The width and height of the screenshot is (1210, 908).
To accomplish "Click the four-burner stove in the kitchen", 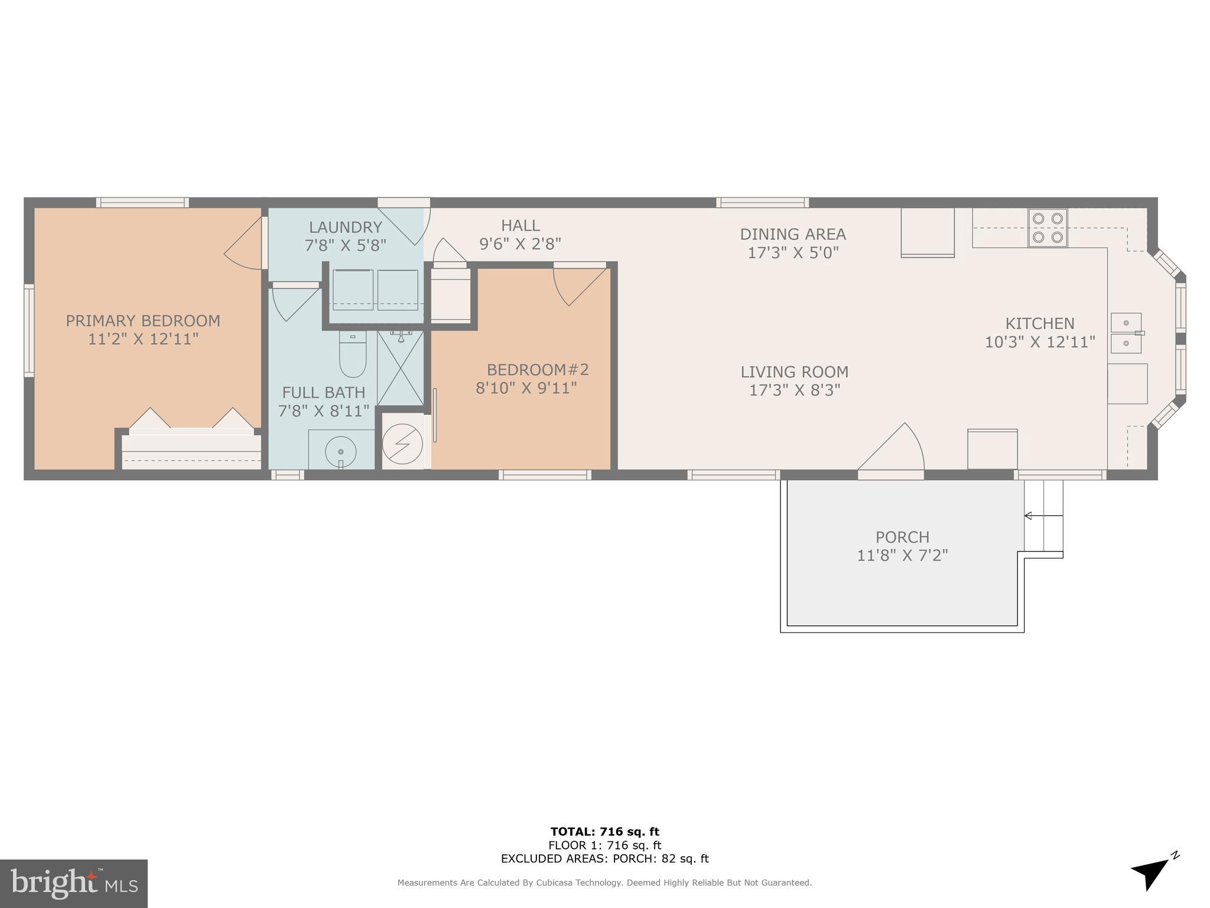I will click(x=1048, y=228).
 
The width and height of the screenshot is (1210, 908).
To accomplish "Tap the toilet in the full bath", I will click(x=353, y=355).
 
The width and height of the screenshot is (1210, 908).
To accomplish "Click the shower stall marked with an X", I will click(x=401, y=368).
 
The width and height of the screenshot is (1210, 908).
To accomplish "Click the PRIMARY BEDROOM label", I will click(x=143, y=321).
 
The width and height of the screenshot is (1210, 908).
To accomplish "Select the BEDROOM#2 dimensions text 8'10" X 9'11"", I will click(x=526, y=388).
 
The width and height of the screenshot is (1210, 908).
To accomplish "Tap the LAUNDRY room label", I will click(x=346, y=227).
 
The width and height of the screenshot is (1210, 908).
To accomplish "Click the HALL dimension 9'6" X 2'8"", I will click(x=520, y=244).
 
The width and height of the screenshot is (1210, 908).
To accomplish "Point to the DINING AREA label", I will click(x=793, y=234).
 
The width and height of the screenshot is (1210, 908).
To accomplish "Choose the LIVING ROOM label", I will click(x=794, y=372).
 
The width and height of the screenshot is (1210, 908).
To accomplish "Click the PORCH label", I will click(x=902, y=537).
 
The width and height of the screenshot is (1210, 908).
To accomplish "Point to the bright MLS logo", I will click(x=74, y=883).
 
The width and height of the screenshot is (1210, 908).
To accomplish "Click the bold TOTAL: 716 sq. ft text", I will click(x=604, y=832).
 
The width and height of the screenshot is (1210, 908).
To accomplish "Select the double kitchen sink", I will click(x=1127, y=333).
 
